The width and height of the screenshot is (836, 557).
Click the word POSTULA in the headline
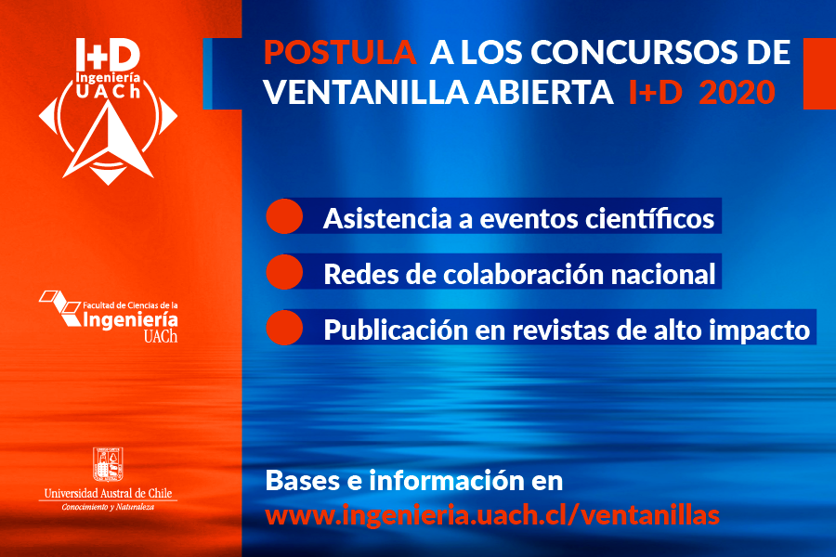tap(340, 52)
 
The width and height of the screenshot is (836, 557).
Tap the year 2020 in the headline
tap(737, 92)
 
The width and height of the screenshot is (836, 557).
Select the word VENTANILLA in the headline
tap(366, 92)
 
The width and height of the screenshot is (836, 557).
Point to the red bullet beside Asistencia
tap(284, 216)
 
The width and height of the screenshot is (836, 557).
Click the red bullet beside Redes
tap(284, 272)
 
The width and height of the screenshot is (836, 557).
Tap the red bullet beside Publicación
tap(284, 328)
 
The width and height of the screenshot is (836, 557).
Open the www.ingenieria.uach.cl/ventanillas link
tap(492, 515)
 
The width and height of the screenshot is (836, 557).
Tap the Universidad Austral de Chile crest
tap(109, 464)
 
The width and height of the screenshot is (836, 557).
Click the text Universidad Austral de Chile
tap(109, 493)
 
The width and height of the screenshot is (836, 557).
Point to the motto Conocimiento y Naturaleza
tap(109, 507)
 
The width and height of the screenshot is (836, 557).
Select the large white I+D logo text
tap(108, 55)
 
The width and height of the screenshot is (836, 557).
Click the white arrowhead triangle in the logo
tap(109, 140)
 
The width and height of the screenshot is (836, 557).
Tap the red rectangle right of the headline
tap(819, 73)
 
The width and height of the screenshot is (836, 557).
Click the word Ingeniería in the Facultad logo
tap(130, 320)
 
